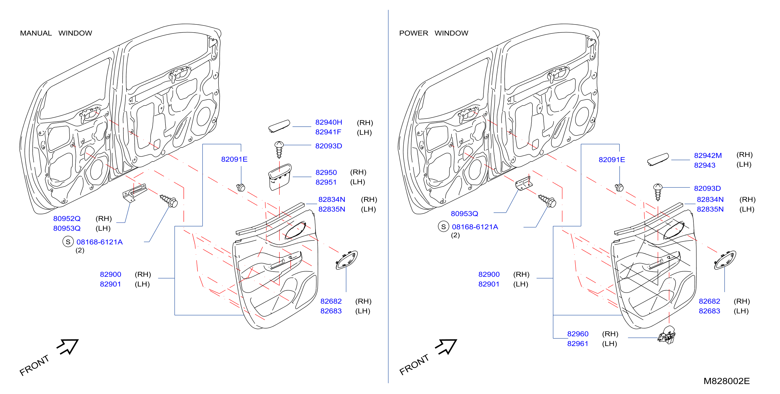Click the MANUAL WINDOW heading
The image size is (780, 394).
point(56,33)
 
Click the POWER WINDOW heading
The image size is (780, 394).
point(434,33)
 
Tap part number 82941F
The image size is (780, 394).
point(328,132)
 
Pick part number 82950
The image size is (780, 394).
point(326,173)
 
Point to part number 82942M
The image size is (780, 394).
point(708,156)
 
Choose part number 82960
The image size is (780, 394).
point(577,334)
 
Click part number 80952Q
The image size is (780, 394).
point(67,219)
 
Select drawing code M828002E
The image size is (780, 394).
point(726,381)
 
